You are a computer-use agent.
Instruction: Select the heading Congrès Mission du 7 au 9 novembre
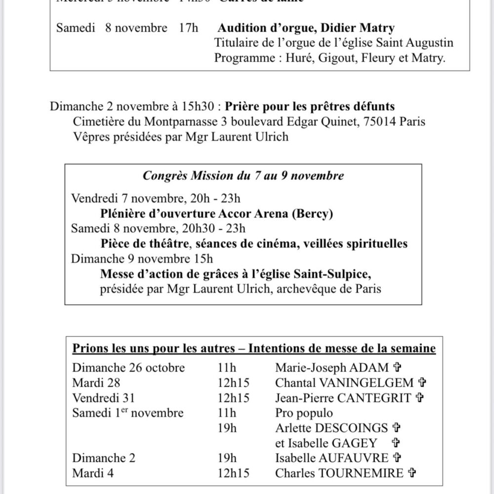coord(243,175)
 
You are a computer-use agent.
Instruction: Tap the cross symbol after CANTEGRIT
coord(419,397)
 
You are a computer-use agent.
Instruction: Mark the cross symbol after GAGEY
coord(395,443)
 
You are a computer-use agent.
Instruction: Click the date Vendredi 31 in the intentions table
coord(103,397)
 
